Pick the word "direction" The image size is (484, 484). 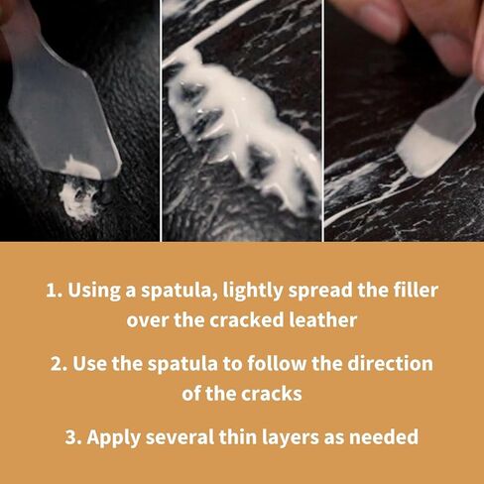pos(390,364)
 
